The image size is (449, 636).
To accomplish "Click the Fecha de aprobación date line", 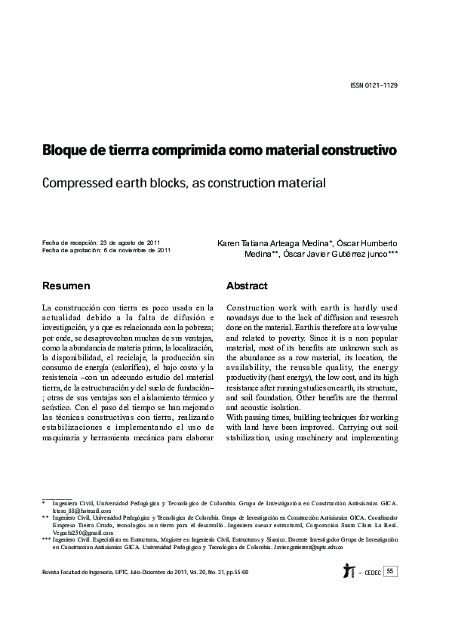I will tap(110, 250).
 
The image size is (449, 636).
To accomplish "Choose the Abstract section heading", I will tap(247, 286).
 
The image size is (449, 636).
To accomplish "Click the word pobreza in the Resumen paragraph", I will tap(198, 330).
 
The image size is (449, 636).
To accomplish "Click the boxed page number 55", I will tap(390, 571).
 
